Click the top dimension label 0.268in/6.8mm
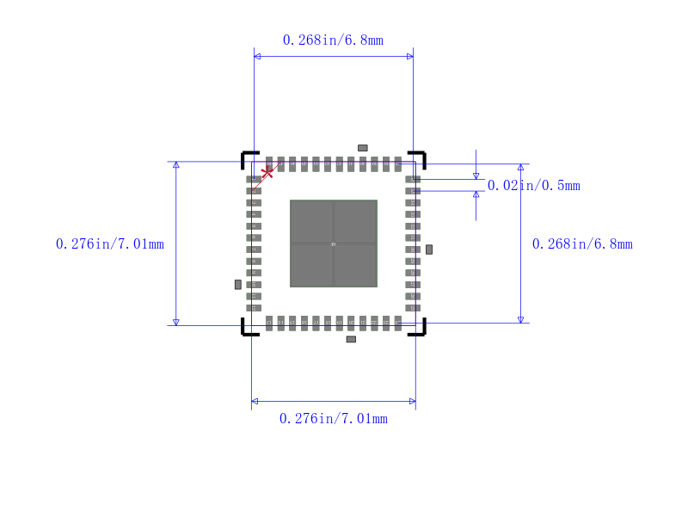click(x=333, y=40)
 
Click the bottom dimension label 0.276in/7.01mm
click(x=333, y=419)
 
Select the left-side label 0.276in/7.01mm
click(x=110, y=244)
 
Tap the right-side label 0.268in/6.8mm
click(x=582, y=244)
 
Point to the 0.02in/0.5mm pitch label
click(x=533, y=186)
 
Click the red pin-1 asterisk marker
click(x=267, y=172)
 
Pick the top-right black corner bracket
click(x=421, y=157)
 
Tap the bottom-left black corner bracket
click(x=247, y=329)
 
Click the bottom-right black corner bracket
click(x=421, y=329)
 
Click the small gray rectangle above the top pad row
click(x=363, y=148)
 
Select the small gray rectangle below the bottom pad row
click(x=351, y=339)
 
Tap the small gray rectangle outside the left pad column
click(x=238, y=284)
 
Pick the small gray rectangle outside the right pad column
click(x=429, y=249)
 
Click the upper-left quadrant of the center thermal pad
click(x=311, y=222)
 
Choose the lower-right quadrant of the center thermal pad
click(x=356, y=266)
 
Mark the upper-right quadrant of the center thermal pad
click(x=356, y=222)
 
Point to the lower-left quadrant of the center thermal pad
click(x=311, y=266)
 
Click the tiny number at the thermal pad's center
click(x=334, y=244)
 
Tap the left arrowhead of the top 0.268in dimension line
click(x=257, y=56)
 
